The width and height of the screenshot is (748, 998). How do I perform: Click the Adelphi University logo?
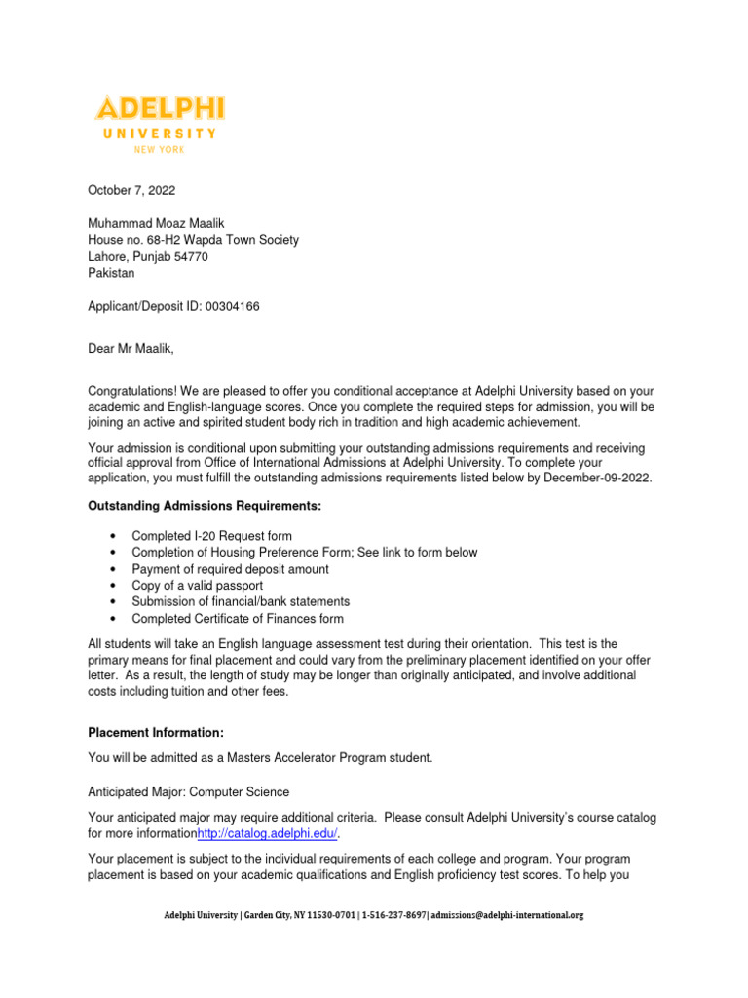pos(159,121)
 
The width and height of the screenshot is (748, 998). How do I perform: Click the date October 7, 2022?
pos(132,189)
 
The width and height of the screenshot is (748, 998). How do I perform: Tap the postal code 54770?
pos(190,257)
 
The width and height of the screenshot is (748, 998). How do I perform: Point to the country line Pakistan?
pos(111,274)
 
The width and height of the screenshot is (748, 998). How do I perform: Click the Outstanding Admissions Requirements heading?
pos(204,506)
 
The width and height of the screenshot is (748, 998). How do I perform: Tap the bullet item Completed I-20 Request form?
pos(211,536)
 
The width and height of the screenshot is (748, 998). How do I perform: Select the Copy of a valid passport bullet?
pos(197,586)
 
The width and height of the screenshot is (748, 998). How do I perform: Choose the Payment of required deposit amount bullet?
pos(230,569)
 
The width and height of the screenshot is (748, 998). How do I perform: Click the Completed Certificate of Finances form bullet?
pos(237,619)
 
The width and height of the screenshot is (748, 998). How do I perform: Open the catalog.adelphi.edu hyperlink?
pos(268,834)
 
